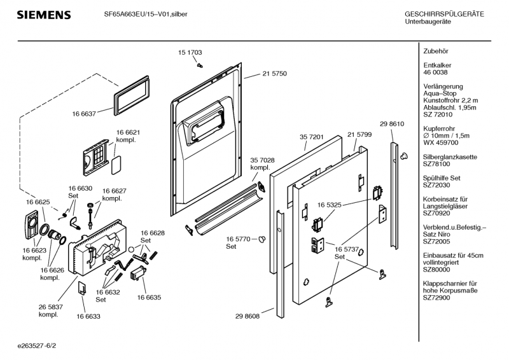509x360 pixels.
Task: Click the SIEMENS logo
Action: (43, 14)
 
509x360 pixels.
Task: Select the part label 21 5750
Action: (274, 74)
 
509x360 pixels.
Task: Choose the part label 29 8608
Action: (248, 315)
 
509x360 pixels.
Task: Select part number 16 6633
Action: (88, 315)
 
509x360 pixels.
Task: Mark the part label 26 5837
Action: (50, 307)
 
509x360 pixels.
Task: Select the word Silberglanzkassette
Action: (450, 156)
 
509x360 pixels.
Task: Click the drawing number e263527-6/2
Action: (38, 347)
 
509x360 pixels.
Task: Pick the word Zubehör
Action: (436, 50)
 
